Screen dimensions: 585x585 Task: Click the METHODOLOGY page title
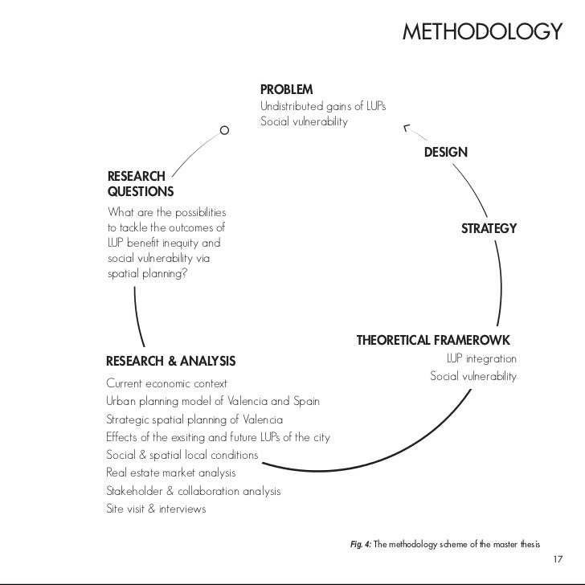click(480, 33)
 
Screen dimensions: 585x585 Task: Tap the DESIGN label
click(446, 152)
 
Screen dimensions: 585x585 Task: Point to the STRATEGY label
click(489, 229)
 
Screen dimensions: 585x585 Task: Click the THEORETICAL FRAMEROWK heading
click(433, 340)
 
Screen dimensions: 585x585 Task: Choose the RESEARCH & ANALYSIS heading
click(170, 359)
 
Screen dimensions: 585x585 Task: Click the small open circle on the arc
click(224, 130)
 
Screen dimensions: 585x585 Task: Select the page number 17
click(559, 558)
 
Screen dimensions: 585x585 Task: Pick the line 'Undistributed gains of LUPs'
click(323, 106)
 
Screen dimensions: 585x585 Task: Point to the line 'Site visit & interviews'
click(156, 509)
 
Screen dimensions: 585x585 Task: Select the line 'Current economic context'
click(166, 383)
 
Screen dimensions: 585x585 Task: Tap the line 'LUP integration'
click(481, 358)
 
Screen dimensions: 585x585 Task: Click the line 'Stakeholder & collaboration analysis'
click(193, 491)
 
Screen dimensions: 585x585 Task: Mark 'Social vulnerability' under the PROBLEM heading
click(304, 122)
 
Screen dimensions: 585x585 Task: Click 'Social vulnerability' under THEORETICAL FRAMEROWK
click(473, 376)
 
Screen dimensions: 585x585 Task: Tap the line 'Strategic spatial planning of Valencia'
click(194, 419)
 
